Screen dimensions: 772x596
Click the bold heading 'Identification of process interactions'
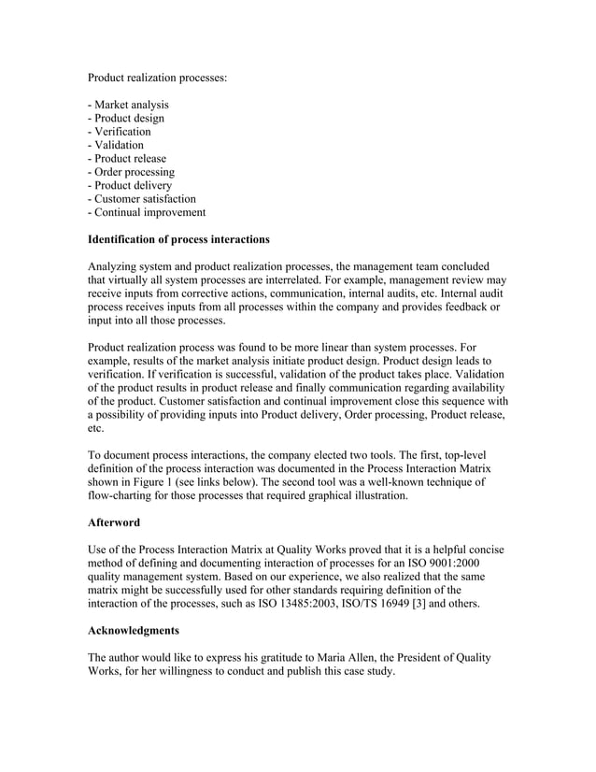(x=178, y=239)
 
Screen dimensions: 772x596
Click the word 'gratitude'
(x=279, y=658)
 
